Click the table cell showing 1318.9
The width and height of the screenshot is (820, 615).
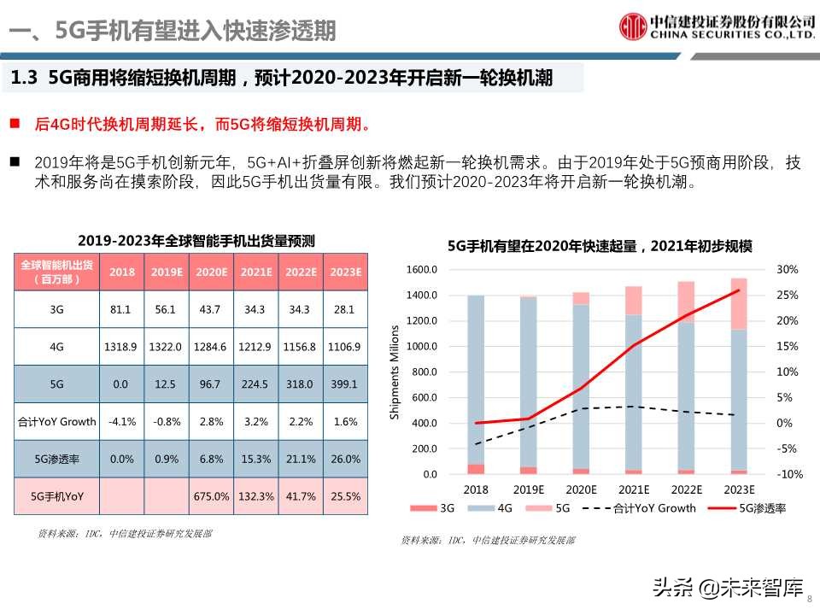tap(122, 347)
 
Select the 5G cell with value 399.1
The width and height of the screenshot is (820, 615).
tap(345, 384)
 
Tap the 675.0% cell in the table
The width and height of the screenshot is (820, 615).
tap(212, 495)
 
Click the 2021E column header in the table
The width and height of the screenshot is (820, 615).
tap(256, 272)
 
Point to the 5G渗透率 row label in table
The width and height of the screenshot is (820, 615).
tap(56, 459)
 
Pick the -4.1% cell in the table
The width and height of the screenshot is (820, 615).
tap(122, 421)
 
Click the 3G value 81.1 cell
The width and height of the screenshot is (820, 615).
tap(122, 310)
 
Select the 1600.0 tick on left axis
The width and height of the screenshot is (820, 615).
tap(423, 270)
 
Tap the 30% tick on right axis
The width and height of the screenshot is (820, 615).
tap(787, 270)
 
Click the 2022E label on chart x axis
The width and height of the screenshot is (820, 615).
tap(686, 490)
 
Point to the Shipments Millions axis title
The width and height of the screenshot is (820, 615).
tap(395, 372)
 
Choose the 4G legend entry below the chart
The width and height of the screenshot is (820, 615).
tap(496, 508)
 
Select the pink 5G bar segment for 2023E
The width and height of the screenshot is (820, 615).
tap(739, 303)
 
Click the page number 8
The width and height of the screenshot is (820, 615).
tap(810, 599)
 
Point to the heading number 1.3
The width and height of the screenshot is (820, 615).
tap(25, 79)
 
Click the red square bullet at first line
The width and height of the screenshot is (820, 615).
tap(15, 124)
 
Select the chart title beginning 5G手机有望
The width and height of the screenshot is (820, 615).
tap(600, 247)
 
